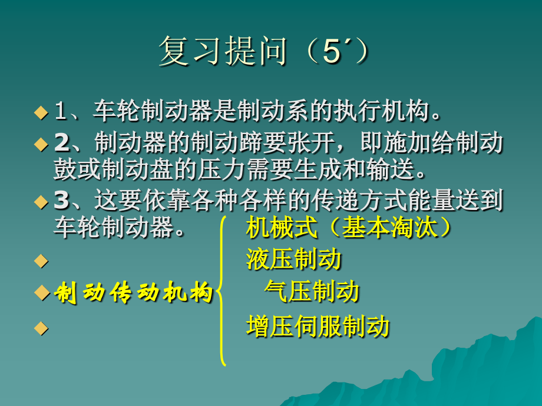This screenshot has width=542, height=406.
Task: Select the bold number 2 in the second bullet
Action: pos(61,144)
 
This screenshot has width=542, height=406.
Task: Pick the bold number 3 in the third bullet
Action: pos(61,201)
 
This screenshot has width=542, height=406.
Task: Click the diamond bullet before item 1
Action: pos(40,112)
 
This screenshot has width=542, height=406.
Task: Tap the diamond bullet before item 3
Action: pos(40,202)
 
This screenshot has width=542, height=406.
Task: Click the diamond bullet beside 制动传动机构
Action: pos(40,292)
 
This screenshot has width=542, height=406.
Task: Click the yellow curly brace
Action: pos(222,291)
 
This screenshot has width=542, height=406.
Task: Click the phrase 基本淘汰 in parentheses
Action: pos(389,227)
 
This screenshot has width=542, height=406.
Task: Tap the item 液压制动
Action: pos(293,259)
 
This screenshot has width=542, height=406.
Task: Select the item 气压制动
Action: pos(312,292)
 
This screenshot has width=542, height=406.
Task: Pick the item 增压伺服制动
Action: pos(318,325)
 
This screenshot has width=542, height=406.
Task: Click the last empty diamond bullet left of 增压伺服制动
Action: pos(40,327)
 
